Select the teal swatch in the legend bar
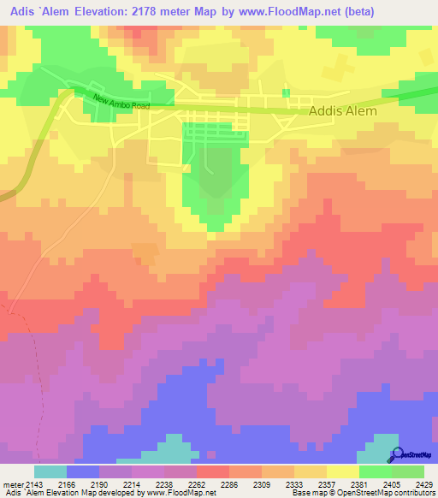point(50,472)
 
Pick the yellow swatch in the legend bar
point(342,472)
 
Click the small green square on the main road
point(286,93)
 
